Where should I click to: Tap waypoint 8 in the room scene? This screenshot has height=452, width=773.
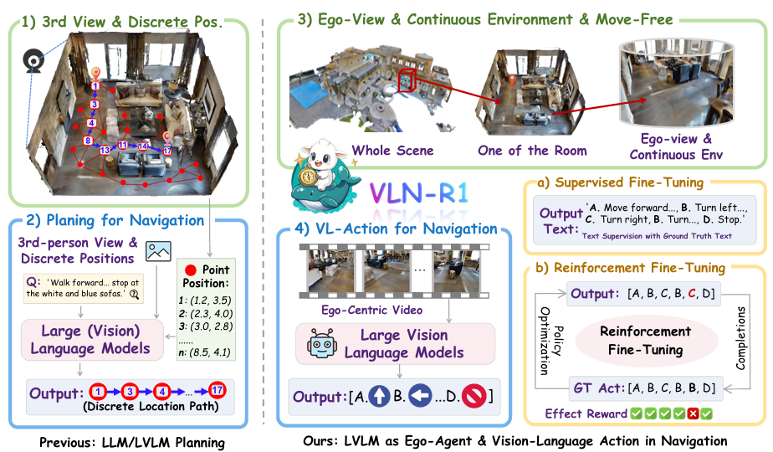tap(88, 141)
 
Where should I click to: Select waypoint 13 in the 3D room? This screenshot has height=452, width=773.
tap(105, 150)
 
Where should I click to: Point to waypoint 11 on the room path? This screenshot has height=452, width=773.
tap(123, 145)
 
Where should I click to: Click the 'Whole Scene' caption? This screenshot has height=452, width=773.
tap(392, 151)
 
